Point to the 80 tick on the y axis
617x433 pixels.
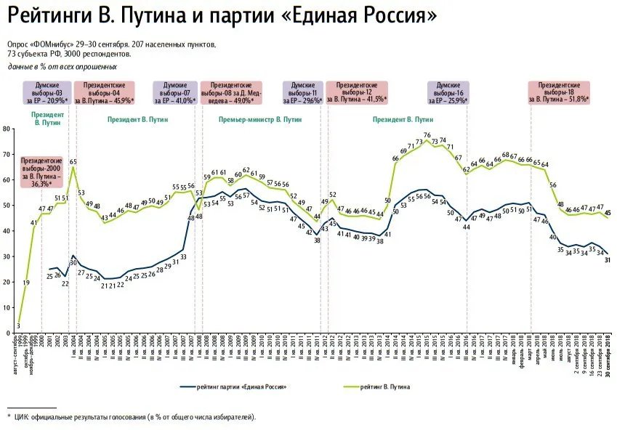click(6, 129)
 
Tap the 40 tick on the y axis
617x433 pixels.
click(6, 231)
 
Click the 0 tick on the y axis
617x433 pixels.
click(7, 333)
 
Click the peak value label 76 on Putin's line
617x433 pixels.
click(427, 135)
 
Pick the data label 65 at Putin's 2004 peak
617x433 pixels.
click(73, 161)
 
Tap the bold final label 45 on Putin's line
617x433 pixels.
click(608, 213)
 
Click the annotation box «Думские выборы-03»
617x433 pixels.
click(48, 90)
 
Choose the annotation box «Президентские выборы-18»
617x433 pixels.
click(559, 90)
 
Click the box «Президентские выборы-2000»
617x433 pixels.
click(41, 173)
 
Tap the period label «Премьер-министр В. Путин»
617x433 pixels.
click(260, 118)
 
